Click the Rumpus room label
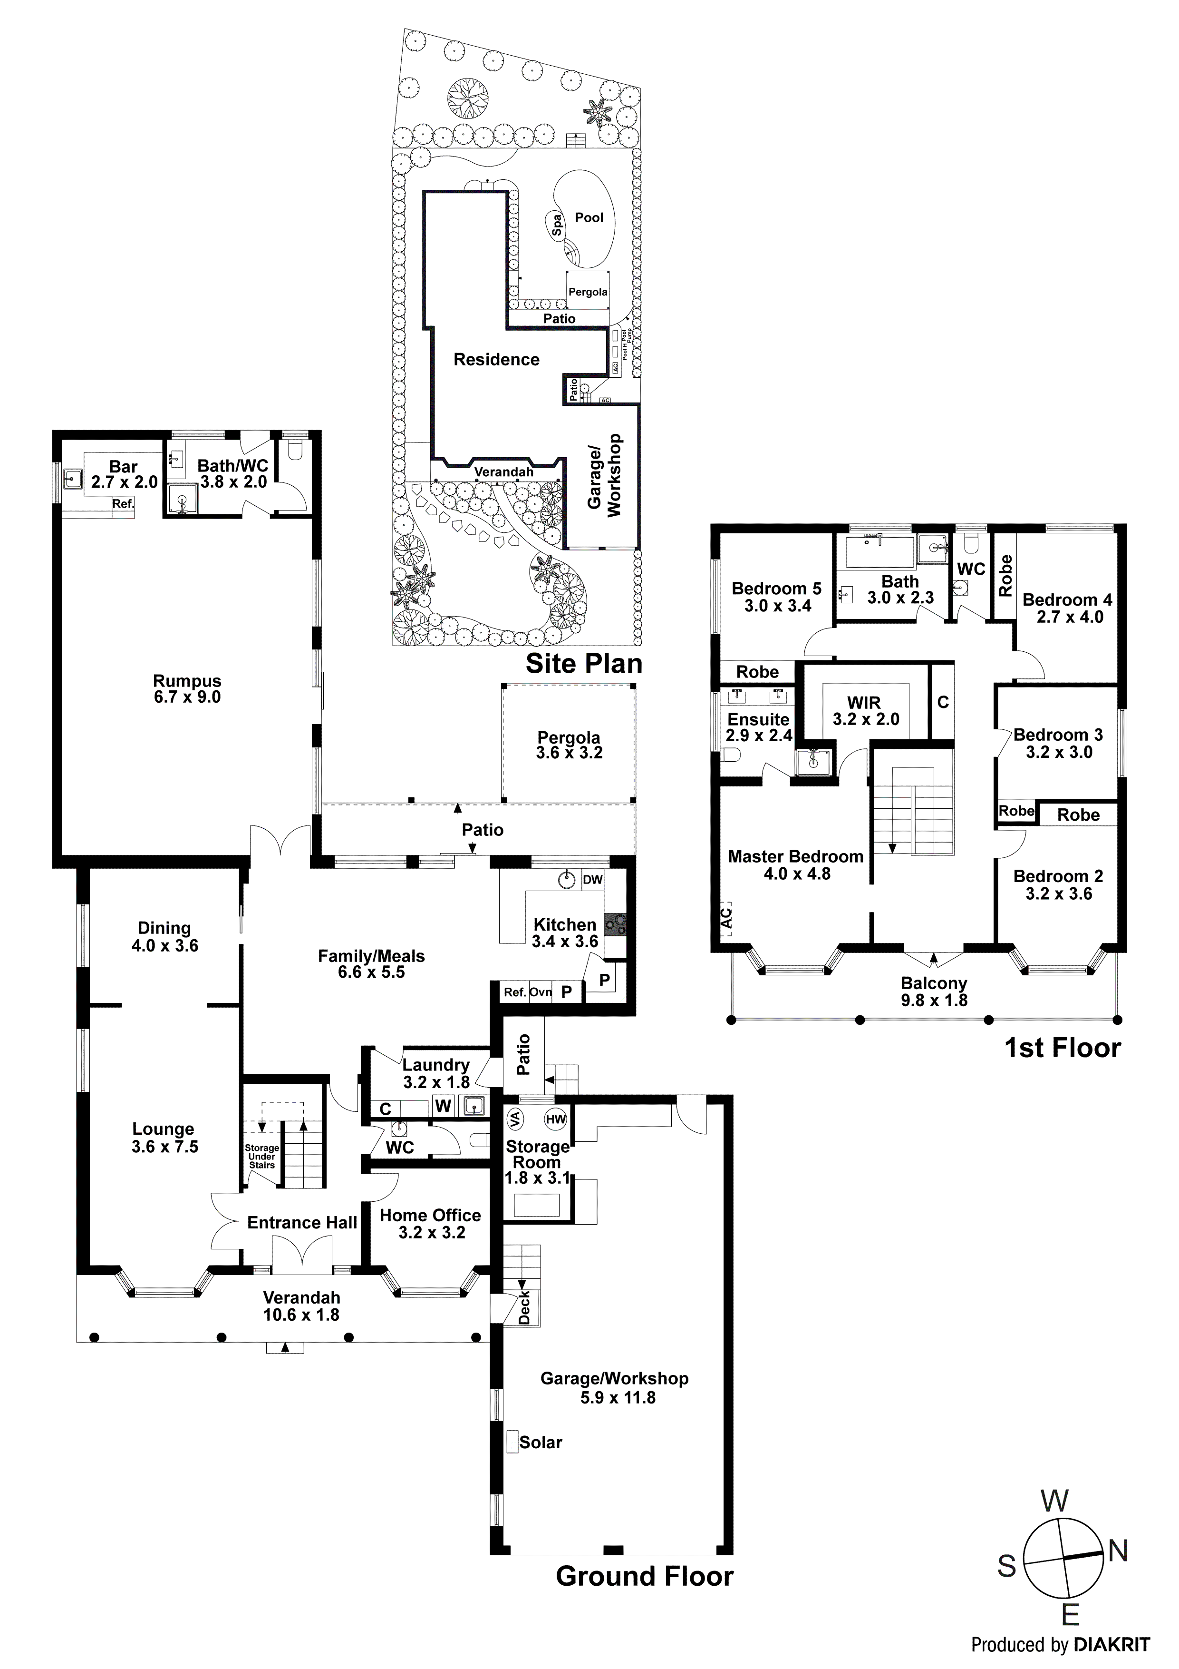click(187, 688)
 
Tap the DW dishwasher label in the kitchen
click(593, 880)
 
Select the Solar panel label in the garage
click(541, 1442)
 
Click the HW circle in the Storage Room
click(556, 1119)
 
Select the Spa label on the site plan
click(557, 226)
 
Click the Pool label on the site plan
click(589, 217)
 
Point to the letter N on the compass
click(1118, 1552)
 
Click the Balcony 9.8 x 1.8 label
click(934, 992)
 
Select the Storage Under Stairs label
click(261, 1157)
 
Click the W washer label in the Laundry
click(443, 1106)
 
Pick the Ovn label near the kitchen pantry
click(541, 992)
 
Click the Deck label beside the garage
click(524, 1307)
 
